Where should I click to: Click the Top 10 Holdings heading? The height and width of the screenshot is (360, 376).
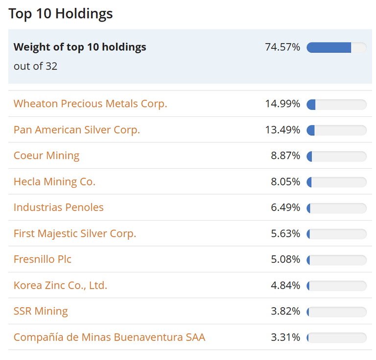click(x=60, y=13)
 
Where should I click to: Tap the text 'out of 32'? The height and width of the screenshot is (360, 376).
click(x=35, y=66)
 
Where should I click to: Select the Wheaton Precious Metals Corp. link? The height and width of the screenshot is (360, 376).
click(x=90, y=104)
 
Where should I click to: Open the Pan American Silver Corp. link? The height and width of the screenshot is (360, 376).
click(x=76, y=130)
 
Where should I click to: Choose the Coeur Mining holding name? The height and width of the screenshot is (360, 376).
click(x=47, y=156)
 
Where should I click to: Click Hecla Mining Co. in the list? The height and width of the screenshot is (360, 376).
click(x=54, y=181)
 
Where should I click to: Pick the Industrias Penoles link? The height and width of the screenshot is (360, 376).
click(x=59, y=207)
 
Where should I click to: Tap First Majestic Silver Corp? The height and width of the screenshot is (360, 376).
click(x=75, y=233)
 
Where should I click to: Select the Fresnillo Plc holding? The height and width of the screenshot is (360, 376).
click(x=43, y=259)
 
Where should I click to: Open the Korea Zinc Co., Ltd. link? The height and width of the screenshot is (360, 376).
click(x=60, y=285)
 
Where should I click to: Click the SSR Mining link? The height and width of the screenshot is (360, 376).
click(x=41, y=311)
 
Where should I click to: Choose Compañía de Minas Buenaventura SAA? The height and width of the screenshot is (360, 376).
click(x=109, y=337)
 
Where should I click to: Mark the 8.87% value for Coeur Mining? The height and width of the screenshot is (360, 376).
click(x=285, y=156)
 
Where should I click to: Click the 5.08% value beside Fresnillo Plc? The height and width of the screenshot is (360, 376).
click(x=285, y=259)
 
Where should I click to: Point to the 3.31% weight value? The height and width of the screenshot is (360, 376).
click(x=285, y=337)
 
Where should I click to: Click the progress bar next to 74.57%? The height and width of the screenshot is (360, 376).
click(x=336, y=47)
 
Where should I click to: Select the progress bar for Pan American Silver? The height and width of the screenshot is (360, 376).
click(x=336, y=130)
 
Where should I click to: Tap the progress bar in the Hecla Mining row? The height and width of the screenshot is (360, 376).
click(x=336, y=182)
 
